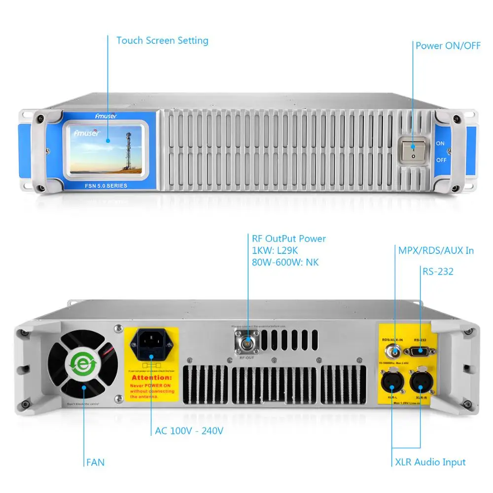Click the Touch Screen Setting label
(162, 40)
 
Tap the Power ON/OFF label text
(448, 46)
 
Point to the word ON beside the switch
(440, 143)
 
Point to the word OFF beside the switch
(441, 160)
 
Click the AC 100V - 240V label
(189, 431)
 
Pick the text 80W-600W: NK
(285, 262)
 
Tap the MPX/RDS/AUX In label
(436, 250)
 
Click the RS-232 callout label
(438, 271)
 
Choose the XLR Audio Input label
(430, 462)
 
